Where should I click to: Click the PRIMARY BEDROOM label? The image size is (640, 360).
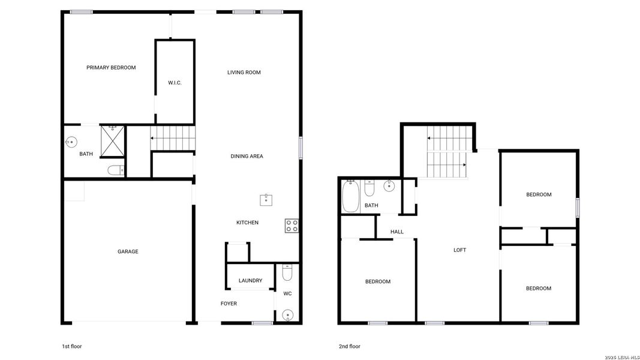click(x=111, y=68)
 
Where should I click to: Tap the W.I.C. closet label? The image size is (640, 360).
click(x=175, y=83)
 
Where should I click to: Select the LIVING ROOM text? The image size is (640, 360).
click(x=244, y=73)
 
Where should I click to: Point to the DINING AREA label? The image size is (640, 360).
click(x=247, y=157)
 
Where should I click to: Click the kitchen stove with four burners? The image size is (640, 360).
click(x=292, y=226)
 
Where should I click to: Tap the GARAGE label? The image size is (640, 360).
click(x=128, y=252)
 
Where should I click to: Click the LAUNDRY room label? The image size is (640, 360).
click(x=250, y=281)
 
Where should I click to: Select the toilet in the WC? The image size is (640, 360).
click(x=287, y=274)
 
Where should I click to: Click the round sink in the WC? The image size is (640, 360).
click(x=287, y=314)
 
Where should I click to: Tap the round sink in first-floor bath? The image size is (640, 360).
click(x=71, y=142)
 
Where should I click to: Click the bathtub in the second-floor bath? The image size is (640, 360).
click(x=350, y=197)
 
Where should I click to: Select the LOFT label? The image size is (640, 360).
click(x=459, y=250)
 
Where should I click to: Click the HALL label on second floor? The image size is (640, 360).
click(x=397, y=232)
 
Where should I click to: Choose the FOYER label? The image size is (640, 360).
click(x=229, y=304)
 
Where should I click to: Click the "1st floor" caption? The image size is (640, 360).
click(x=72, y=346)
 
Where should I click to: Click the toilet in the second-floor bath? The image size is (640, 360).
click(x=369, y=189)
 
